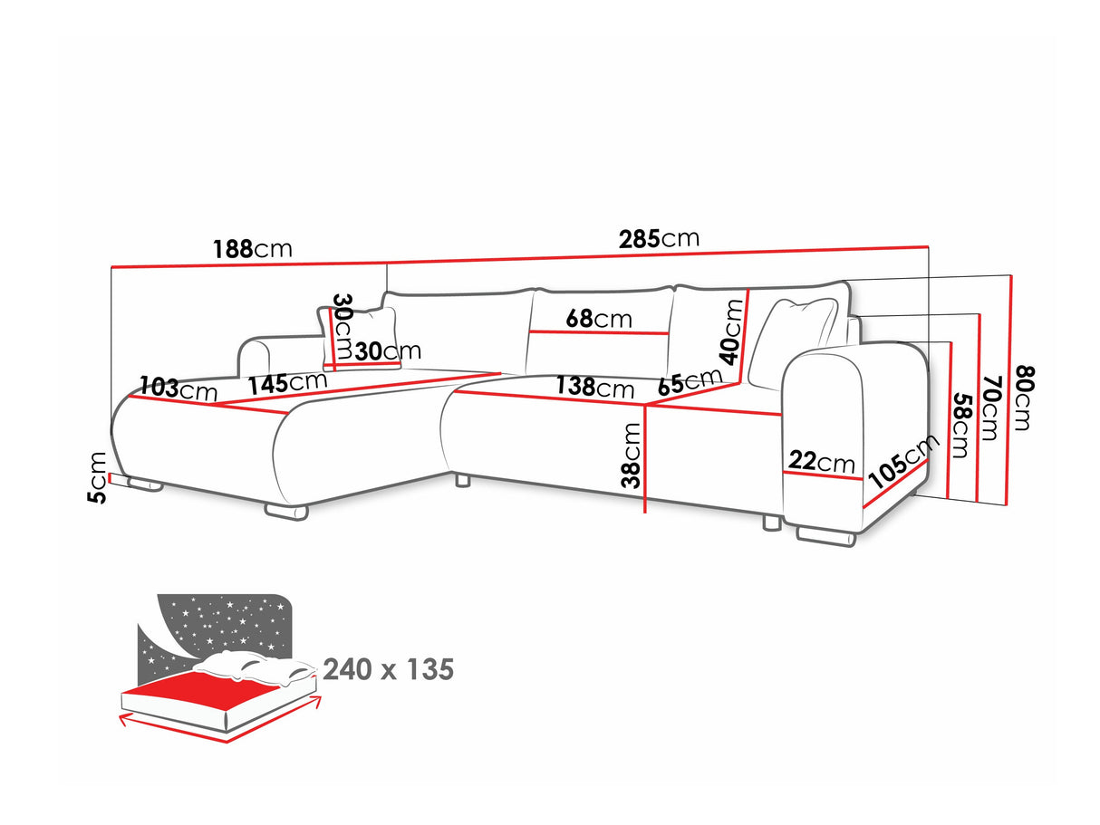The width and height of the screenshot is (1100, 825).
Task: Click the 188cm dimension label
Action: coord(252,249)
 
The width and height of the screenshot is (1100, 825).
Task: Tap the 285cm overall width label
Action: coord(659,238)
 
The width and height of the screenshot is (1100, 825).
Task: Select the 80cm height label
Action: coord(1024,398)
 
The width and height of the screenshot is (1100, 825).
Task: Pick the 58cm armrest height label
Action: coord(962,426)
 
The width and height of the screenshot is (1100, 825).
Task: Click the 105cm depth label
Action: coord(903,462)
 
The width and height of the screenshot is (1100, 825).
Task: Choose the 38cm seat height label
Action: coord(631,456)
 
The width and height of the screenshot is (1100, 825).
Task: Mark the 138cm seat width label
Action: coord(595,388)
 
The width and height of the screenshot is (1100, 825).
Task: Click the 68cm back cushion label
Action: coord(599,319)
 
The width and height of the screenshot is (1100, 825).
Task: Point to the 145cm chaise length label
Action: coord(288,383)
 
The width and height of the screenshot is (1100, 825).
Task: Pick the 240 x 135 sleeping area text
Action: coord(389,669)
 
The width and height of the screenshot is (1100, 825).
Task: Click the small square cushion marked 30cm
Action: coord(359,338)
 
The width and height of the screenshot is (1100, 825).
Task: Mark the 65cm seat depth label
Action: coord(690,381)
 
